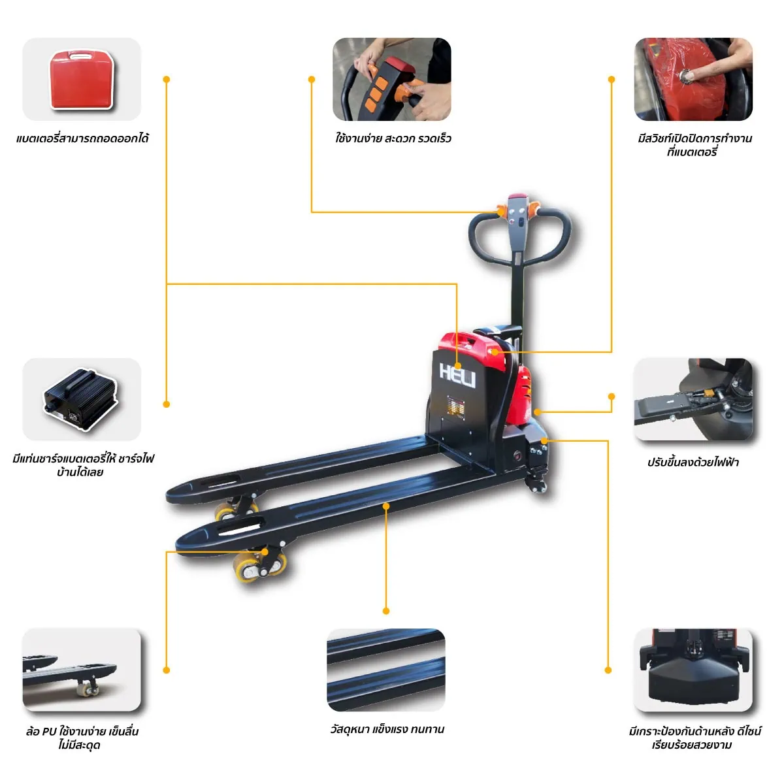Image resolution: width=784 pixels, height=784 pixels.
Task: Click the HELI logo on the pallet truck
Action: pos(457,375)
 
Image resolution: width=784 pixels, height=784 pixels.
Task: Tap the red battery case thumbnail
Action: pos(82,79)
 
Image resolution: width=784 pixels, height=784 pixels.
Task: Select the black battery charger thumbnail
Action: pos(82,399)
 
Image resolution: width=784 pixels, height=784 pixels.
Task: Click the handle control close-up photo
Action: pos(392,79)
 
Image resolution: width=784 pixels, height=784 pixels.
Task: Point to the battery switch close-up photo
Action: pos(693,79)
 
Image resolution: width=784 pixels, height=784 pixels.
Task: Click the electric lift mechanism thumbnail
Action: pos(693,399)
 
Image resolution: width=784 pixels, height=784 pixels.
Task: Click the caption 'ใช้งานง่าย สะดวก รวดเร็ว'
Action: pos(393,139)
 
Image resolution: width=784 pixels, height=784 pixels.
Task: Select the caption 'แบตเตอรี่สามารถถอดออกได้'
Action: pos(82,139)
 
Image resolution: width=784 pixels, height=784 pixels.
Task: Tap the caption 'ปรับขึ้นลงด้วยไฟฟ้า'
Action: pos(693,462)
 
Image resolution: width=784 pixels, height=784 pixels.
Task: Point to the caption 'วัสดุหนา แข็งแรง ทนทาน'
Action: pos(387,728)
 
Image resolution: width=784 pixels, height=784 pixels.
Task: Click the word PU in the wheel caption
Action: pos(49,732)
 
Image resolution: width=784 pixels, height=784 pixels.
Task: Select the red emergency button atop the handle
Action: pos(518,196)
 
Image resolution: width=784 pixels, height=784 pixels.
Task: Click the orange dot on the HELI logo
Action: pos(457,366)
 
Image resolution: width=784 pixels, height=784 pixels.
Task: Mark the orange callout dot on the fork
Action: pos(386,506)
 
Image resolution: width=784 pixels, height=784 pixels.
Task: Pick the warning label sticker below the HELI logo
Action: pos(457,405)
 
